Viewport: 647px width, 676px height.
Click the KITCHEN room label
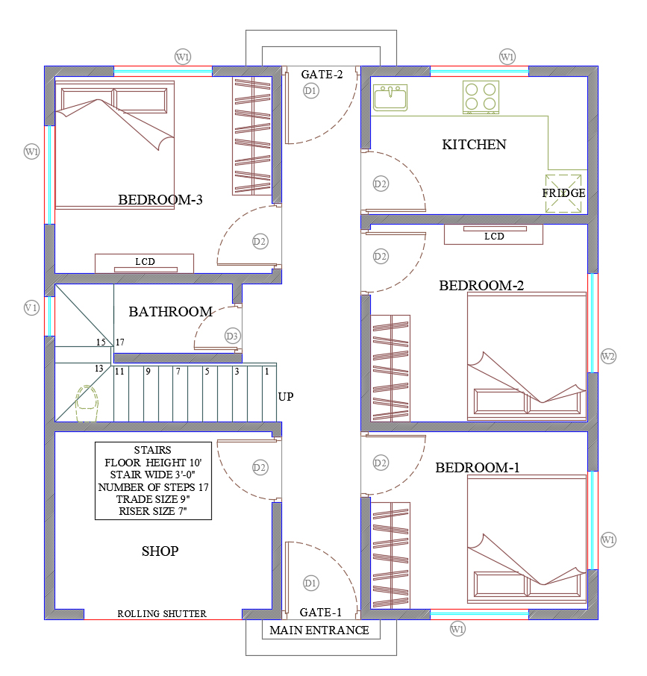click(x=474, y=145)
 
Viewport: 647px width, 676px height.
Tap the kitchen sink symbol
click(x=390, y=98)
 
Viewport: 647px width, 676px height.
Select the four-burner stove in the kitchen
click(x=481, y=97)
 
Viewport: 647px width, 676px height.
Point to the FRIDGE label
click(x=563, y=193)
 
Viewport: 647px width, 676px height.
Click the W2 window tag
click(x=608, y=357)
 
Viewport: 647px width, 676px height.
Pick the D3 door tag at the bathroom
click(x=232, y=337)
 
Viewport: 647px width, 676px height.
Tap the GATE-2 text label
click(x=322, y=75)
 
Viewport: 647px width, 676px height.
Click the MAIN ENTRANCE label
click(x=319, y=630)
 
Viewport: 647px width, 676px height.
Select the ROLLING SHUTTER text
click(x=162, y=613)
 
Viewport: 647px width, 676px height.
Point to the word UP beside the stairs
click(x=286, y=397)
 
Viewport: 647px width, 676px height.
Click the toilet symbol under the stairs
click(x=87, y=404)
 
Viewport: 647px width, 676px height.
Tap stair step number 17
click(x=120, y=342)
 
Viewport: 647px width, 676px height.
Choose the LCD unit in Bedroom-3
click(x=145, y=263)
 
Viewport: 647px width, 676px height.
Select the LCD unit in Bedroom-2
click(x=493, y=234)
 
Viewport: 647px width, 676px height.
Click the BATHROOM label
click(x=171, y=312)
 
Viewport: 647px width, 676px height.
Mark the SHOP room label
click(x=160, y=551)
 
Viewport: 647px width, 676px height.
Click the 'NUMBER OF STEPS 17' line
click(x=153, y=487)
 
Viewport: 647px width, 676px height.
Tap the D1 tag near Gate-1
click(x=310, y=583)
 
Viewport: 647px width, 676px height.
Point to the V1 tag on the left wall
click(x=31, y=308)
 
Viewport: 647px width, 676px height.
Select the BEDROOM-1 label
click(x=477, y=468)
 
